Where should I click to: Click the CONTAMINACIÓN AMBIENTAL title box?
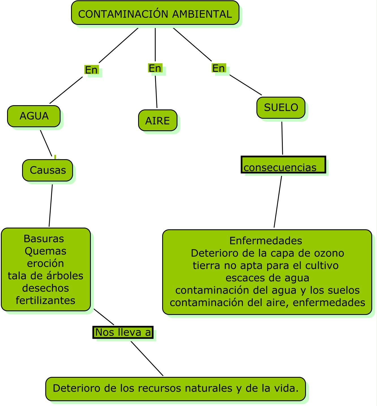[x=155, y=13]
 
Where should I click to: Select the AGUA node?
[x=34, y=116]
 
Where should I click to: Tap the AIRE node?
[x=158, y=121]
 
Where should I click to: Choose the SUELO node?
[x=281, y=108]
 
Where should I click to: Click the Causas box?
[x=48, y=170]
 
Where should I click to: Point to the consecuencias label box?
[x=283, y=165]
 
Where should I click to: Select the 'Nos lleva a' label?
[x=123, y=332]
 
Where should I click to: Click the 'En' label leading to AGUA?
[x=91, y=70]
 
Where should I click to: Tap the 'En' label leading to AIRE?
[x=155, y=68]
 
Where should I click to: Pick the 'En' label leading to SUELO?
[x=219, y=68]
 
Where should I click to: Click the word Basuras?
[x=44, y=239]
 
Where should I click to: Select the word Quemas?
[x=45, y=251]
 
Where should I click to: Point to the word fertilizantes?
[x=46, y=301]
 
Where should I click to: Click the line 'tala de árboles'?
[x=46, y=276]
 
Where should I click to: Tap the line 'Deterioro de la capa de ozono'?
[x=267, y=253]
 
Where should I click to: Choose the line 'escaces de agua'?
[x=267, y=278]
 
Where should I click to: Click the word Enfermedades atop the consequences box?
[x=266, y=241]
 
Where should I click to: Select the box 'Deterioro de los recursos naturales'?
[x=176, y=389]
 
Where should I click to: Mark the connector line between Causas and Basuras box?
[x=51, y=206]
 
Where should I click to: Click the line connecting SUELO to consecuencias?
[x=282, y=138]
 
